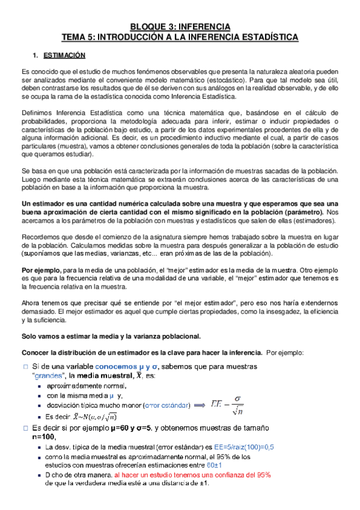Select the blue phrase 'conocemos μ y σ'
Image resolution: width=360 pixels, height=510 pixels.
coord(129,366)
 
